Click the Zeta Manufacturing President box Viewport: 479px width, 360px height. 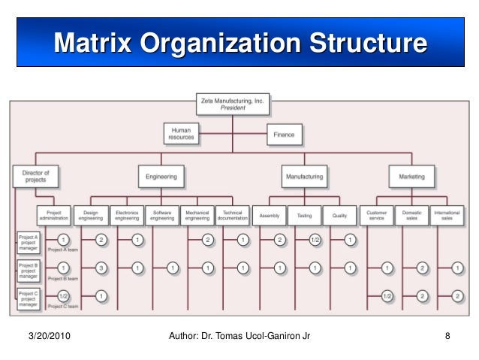(233, 104)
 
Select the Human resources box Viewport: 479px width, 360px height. (182, 134)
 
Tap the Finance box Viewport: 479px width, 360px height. (285, 135)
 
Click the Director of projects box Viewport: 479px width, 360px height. (35, 177)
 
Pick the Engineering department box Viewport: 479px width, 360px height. (161, 177)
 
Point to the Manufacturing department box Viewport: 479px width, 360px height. (304, 177)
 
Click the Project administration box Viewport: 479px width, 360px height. (54, 215)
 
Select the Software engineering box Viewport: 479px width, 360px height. (162, 215)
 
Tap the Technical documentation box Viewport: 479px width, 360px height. (233, 215)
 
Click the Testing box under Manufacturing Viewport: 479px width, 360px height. (304, 216)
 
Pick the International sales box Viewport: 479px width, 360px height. (447, 215)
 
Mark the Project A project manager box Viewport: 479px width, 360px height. (28, 241)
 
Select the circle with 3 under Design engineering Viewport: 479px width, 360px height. (101, 268)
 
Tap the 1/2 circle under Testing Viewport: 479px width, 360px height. (316, 240)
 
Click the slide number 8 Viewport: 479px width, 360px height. (447, 335)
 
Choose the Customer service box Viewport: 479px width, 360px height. (376, 215)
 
